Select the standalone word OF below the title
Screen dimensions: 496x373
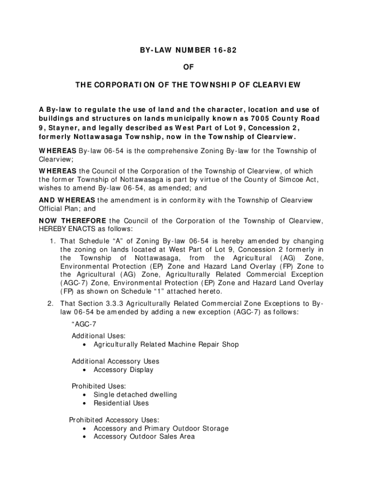[x=186, y=68]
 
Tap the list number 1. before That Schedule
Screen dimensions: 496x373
[x=53, y=241]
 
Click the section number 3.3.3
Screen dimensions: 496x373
[x=115, y=304]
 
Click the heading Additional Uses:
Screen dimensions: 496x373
[x=99, y=336]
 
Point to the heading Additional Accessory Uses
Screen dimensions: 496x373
[x=115, y=361]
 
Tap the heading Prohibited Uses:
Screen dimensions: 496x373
[x=99, y=386]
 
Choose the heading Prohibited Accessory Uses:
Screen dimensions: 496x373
[x=114, y=420]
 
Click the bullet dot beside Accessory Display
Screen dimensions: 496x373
[x=85, y=370]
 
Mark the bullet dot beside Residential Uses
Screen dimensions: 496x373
[x=85, y=403]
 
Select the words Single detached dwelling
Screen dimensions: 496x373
[x=135, y=395]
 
